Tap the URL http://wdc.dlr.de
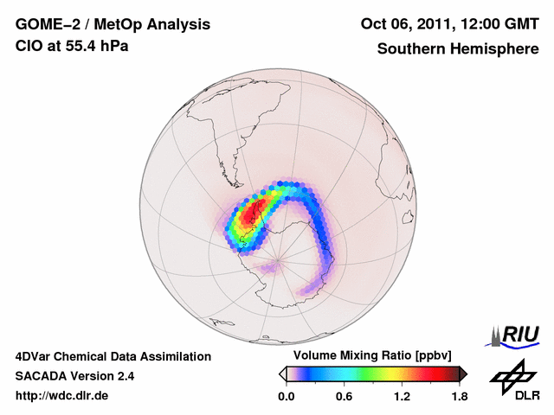click(62, 396)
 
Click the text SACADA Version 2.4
click(74, 376)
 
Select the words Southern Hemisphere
click(458, 49)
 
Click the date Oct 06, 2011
click(403, 23)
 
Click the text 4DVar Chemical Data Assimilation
click(113, 356)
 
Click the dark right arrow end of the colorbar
click(463, 373)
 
